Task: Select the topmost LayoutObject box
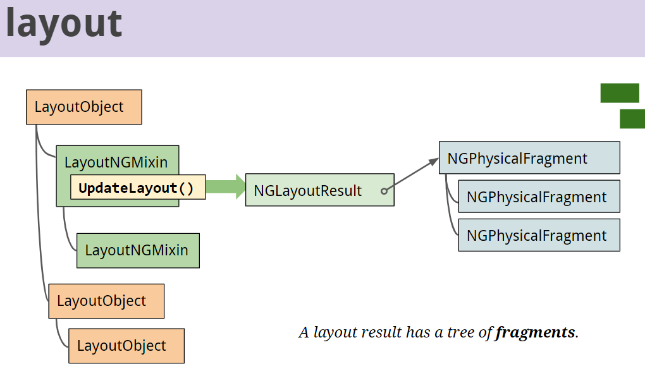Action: click(83, 107)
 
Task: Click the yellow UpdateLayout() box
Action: click(137, 188)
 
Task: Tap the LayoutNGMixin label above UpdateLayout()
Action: click(116, 162)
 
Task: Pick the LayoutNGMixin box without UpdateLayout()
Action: click(137, 250)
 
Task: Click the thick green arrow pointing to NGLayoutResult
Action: click(225, 187)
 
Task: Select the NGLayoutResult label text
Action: click(307, 190)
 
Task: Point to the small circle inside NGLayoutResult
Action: click(384, 190)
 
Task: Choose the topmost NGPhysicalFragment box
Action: click(529, 158)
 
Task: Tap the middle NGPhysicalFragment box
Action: click(538, 197)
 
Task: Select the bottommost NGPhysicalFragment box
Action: click(538, 235)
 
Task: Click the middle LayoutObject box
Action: click(106, 301)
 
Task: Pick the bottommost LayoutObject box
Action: click(126, 346)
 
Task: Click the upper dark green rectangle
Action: click(619, 93)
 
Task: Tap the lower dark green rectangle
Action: click(632, 119)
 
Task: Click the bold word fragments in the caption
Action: click(536, 332)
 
